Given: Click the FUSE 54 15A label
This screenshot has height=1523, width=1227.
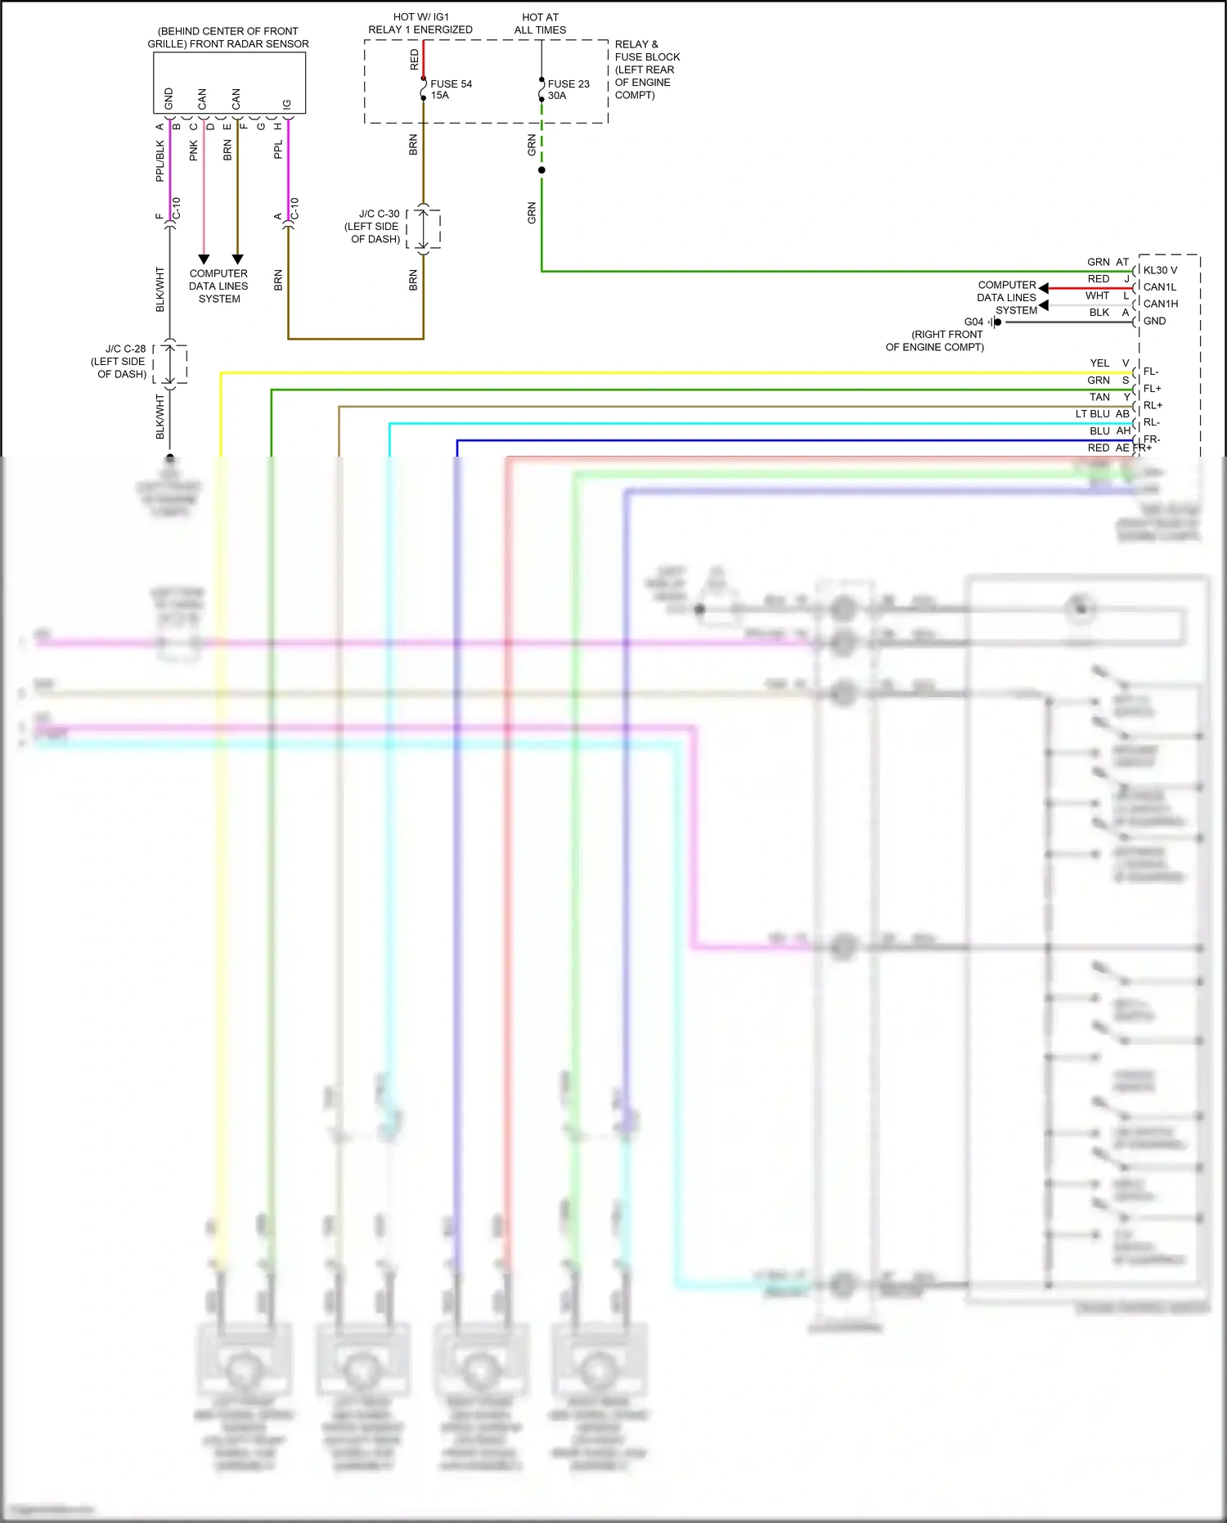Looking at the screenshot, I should [450, 89].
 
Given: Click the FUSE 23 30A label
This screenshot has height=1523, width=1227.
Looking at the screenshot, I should [568, 89].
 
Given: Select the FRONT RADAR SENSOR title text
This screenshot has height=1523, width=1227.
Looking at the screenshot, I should [228, 38].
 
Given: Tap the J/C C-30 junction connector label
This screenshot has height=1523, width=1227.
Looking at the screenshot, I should [374, 226].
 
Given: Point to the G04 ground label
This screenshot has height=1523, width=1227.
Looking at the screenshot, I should [973, 322].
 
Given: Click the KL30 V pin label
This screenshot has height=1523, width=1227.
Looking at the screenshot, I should [1160, 270].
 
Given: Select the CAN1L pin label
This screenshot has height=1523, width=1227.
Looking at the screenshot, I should [1159, 287].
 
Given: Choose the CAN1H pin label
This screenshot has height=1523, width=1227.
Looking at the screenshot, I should [1160, 304].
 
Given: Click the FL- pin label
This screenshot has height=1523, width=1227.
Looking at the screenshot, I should [1150, 372].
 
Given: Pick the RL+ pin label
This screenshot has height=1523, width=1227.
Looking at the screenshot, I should [1152, 405].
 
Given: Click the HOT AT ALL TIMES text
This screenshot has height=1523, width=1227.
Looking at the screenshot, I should [540, 23].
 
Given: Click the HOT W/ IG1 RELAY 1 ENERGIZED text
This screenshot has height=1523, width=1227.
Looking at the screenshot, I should [420, 23].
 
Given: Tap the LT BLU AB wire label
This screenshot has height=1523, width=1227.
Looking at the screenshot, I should [1101, 414].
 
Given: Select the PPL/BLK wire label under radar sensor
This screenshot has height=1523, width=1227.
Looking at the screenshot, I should [160, 160].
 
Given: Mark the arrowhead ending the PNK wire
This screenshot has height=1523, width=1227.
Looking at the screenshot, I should [204, 259].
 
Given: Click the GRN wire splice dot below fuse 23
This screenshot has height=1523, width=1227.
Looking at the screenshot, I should [542, 170].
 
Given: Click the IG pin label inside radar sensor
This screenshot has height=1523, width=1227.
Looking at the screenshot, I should [286, 104].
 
